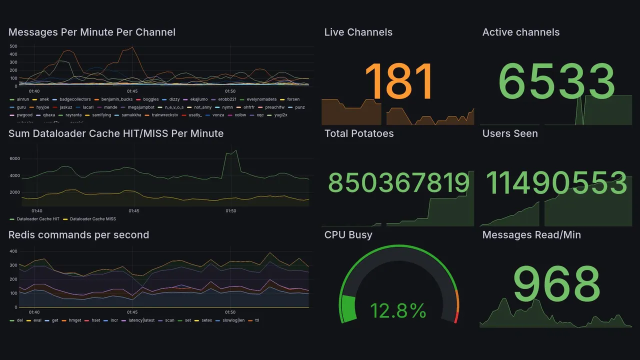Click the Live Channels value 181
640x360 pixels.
398,81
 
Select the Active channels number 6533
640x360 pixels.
556,81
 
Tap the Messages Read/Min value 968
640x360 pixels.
556,284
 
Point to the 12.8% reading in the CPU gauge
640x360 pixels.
398,311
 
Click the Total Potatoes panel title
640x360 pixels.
359,133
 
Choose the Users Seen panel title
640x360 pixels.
510,133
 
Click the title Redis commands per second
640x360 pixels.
78,235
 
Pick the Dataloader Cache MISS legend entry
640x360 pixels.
92,219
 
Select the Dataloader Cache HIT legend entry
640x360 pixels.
37,219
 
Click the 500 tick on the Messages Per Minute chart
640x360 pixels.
13,46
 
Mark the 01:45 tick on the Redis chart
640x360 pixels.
132,312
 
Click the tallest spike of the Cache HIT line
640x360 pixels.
235,150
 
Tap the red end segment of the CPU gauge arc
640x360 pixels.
455,317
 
